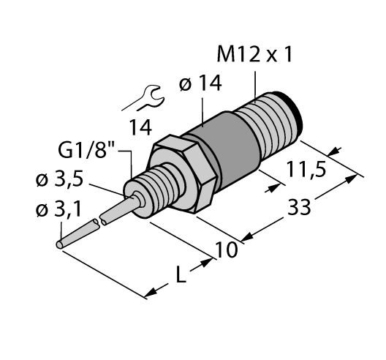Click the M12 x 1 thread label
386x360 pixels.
tap(257, 56)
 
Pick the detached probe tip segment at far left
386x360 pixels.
tap(76, 233)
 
